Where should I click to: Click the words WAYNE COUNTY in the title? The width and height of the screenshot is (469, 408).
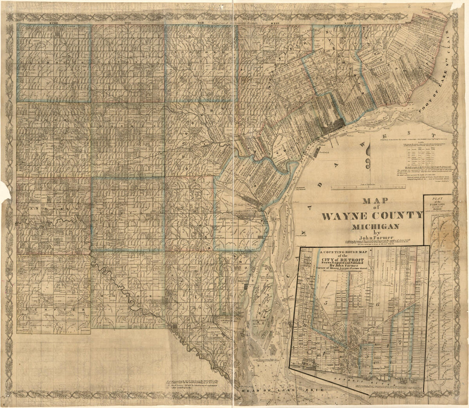[371, 215]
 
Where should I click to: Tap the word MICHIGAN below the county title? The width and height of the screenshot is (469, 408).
[375, 226]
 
